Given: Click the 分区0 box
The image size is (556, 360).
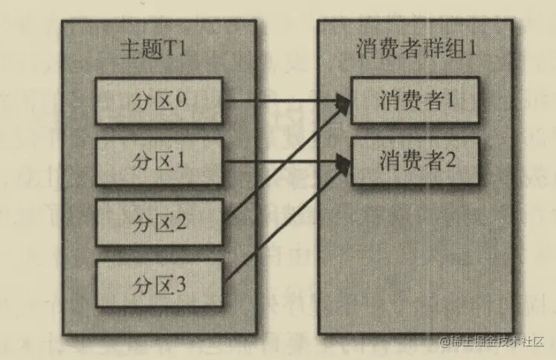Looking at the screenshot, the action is (159, 99).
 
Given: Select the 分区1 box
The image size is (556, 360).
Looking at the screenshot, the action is (159, 160).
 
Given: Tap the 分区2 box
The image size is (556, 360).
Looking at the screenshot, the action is (159, 222).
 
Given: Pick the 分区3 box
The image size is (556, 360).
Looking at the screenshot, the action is (159, 283).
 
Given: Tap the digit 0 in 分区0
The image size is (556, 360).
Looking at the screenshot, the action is (182, 99).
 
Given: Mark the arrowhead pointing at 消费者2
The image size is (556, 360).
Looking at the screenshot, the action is (343, 161).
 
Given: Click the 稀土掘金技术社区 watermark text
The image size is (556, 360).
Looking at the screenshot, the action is (493, 341).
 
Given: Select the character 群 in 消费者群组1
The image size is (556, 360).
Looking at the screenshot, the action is (431, 50).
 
